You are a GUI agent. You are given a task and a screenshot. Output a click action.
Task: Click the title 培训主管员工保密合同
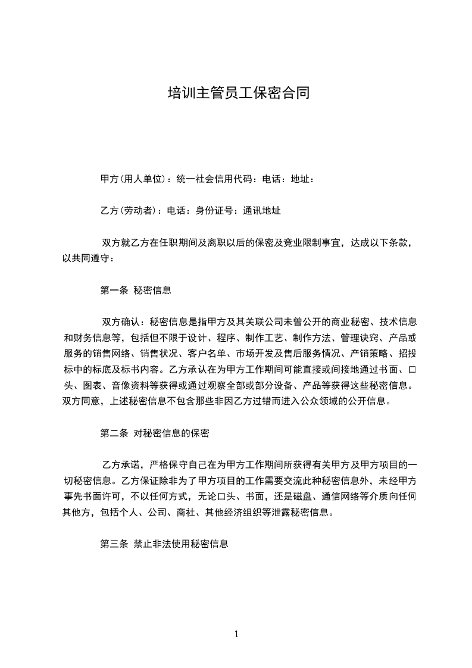pos(238,93)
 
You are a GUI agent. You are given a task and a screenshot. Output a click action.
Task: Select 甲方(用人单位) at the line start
pos(133,179)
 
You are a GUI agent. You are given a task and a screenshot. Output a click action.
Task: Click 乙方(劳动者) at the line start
pos(129,210)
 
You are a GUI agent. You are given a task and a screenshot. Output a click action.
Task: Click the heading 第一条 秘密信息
pos(136,291)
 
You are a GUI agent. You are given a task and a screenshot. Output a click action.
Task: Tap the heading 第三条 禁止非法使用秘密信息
pos(164,544)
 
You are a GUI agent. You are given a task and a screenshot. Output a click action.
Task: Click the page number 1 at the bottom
pos(236,634)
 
